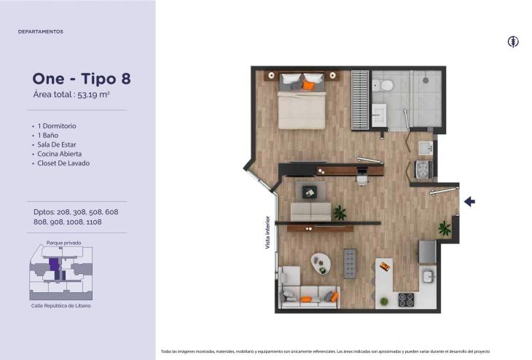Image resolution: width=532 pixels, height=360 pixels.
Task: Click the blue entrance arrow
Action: (x=469, y=202)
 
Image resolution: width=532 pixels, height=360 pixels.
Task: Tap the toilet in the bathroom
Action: (x=383, y=85)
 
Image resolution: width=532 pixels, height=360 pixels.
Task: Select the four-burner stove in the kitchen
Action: (x=406, y=300)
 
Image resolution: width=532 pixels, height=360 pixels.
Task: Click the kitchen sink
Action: (x=429, y=276)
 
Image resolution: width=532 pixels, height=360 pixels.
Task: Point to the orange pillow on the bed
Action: (x=308, y=85)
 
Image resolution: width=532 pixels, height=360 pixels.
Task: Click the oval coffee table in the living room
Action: (x=321, y=264)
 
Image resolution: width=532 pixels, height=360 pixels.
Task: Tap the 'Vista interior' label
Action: (x=267, y=232)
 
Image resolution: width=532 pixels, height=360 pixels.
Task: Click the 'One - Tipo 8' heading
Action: (x=82, y=79)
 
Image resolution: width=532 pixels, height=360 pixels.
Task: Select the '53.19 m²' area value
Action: (x=93, y=95)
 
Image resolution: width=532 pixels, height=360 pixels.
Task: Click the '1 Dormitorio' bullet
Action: (x=57, y=126)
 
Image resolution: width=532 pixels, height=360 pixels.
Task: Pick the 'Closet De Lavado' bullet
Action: (x=63, y=163)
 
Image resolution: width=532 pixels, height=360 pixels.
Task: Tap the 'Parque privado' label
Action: (x=64, y=243)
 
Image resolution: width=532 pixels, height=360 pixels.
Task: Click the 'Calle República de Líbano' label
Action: (x=61, y=306)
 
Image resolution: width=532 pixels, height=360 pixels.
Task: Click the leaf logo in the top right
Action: (x=513, y=42)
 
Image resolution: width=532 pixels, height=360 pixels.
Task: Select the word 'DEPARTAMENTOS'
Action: (x=41, y=31)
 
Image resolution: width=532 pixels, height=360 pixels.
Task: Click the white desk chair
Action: (x=362, y=179)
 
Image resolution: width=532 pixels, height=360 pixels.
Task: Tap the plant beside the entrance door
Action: (x=444, y=228)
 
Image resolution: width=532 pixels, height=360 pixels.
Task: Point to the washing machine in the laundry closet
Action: (x=423, y=169)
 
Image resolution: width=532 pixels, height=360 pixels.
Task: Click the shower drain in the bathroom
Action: (x=426, y=81)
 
